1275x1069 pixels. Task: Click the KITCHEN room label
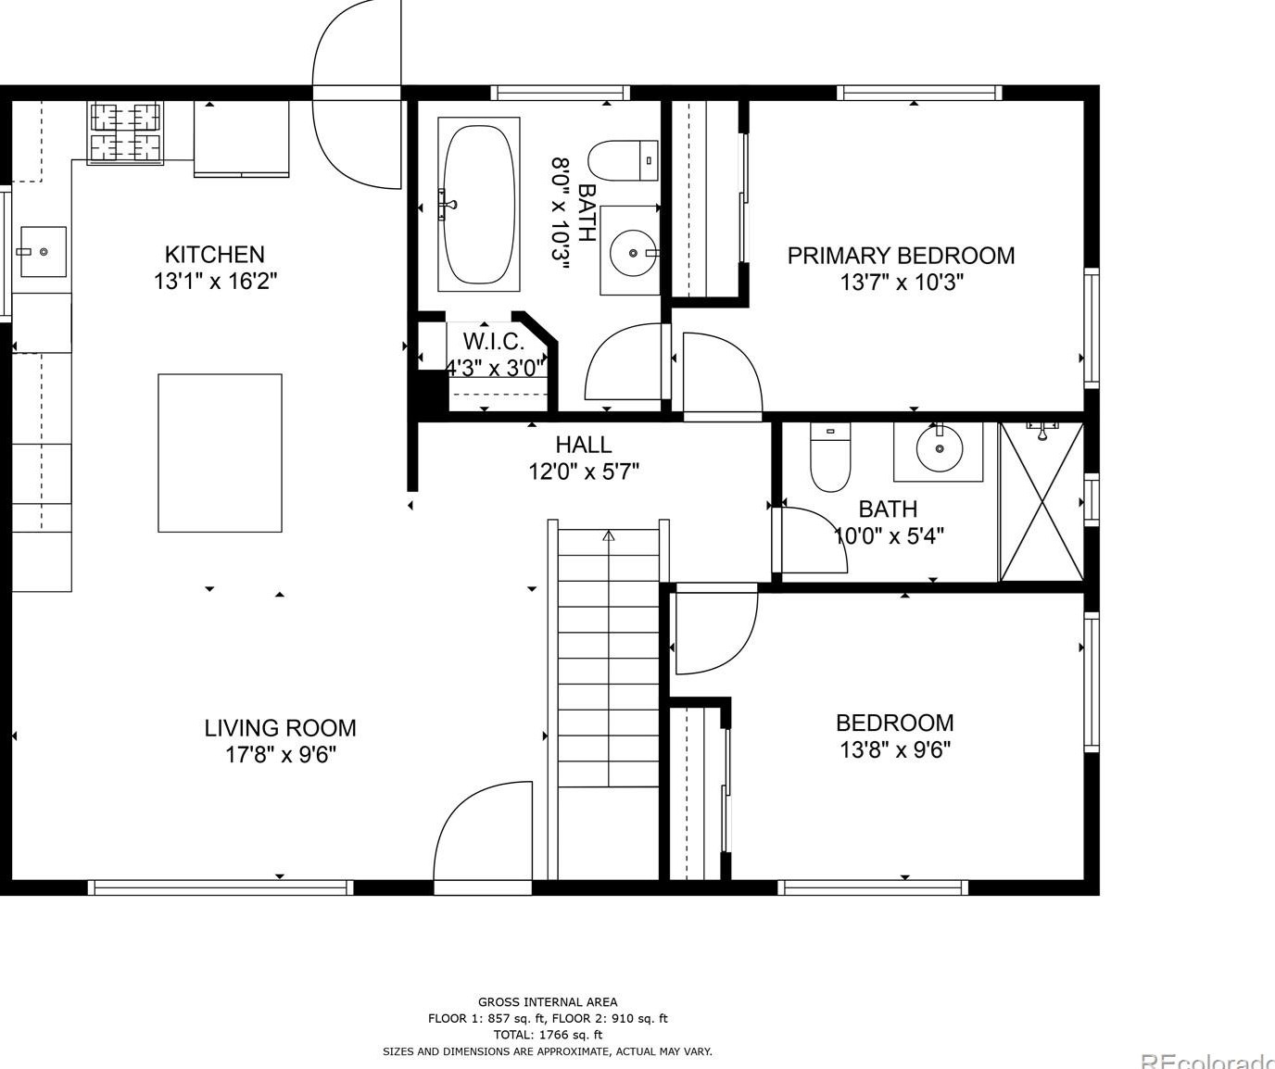[214, 255]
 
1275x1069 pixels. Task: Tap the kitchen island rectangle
[220, 453]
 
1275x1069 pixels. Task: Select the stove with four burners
[125, 132]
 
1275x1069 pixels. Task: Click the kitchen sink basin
[43, 251]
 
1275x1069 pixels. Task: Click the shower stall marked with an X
[1041, 502]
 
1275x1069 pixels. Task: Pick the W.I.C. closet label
[493, 341]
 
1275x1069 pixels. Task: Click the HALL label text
[584, 445]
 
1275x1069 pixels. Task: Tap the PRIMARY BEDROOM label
[901, 256]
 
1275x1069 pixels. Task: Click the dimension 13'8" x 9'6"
[895, 749]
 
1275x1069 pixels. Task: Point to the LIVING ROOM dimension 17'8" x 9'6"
[280, 755]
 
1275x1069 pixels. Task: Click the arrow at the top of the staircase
[609, 535]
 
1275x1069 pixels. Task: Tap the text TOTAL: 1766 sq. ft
[547, 1035]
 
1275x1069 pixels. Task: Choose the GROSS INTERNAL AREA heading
[547, 1001]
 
